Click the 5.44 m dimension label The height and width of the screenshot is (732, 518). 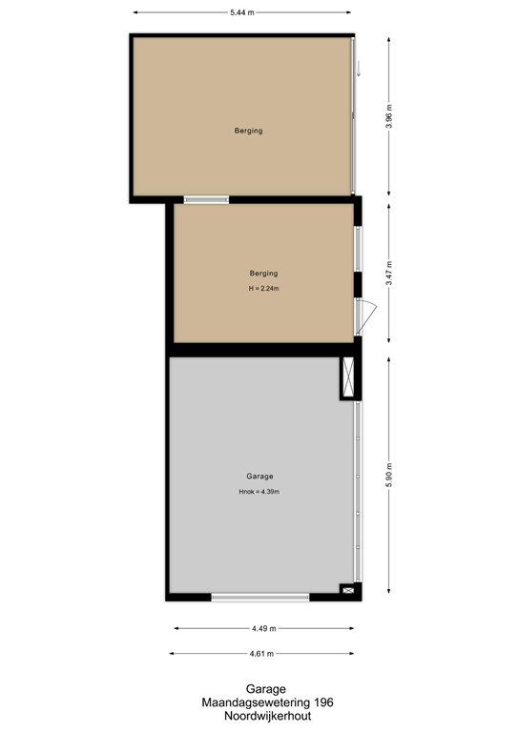[x=242, y=12]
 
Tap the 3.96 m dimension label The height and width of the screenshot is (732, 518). [x=389, y=116]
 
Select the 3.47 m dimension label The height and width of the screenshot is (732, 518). [x=389, y=274]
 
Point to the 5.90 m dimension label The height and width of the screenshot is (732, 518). [x=389, y=476]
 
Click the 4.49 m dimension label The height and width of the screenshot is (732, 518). [x=264, y=628]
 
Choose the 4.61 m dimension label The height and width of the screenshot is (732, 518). [x=261, y=654]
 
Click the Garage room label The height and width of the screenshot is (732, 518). [x=259, y=477]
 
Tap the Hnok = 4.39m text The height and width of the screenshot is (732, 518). [x=259, y=492]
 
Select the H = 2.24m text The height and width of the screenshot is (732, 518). [x=264, y=289]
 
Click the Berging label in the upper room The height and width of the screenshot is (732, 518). [x=248, y=131]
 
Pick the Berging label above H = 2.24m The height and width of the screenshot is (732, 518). [x=263, y=274]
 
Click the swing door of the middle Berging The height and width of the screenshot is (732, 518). [x=365, y=317]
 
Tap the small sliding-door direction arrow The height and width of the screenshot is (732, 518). [x=359, y=69]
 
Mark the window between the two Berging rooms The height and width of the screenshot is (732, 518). [x=206, y=200]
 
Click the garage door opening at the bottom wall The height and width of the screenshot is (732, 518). [x=260, y=597]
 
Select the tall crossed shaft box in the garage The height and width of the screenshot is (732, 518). [x=348, y=377]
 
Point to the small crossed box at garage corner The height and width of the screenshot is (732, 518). [x=348, y=590]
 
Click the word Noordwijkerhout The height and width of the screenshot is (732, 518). [x=268, y=716]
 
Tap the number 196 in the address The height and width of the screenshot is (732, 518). [x=323, y=702]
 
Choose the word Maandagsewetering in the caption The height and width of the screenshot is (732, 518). [x=257, y=702]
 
